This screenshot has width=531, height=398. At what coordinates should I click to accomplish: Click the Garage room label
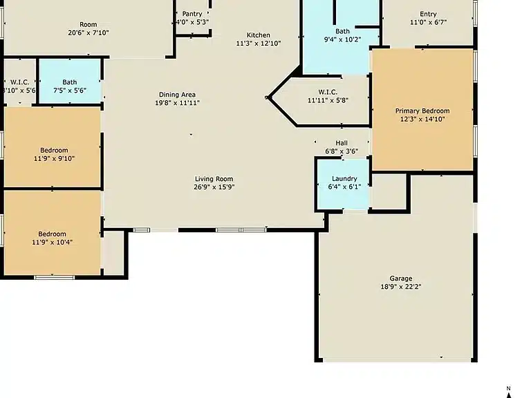click(x=401, y=278)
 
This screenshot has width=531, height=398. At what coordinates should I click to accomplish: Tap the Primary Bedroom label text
click(x=422, y=111)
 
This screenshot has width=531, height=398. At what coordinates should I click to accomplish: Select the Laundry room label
click(x=344, y=179)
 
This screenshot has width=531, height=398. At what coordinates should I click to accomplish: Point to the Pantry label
click(x=192, y=14)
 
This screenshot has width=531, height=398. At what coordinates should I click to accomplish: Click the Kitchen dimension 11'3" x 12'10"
click(x=259, y=44)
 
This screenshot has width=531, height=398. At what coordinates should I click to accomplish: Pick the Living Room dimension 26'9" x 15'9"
click(x=214, y=187)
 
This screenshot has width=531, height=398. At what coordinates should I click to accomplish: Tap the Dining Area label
click(x=177, y=95)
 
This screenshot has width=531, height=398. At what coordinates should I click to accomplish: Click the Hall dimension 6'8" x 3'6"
click(x=342, y=151)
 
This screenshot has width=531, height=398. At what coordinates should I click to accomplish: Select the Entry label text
click(x=428, y=15)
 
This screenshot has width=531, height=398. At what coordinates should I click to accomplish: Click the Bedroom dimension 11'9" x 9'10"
click(x=54, y=158)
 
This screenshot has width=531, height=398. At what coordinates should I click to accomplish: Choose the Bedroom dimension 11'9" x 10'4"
click(x=52, y=243)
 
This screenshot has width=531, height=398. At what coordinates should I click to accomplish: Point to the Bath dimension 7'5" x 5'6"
click(x=70, y=91)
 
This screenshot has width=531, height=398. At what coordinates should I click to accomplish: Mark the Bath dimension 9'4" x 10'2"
click(x=342, y=39)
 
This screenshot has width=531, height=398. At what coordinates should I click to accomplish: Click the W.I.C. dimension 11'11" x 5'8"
click(x=328, y=100)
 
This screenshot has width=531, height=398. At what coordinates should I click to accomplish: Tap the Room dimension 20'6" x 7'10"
click(x=88, y=33)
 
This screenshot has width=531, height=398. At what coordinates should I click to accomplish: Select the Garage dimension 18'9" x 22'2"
click(x=401, y=287)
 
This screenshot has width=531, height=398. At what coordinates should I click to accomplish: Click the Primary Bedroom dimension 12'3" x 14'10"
click(x=422, y=119)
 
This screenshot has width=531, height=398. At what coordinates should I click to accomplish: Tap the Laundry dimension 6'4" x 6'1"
click(x=344, y=187)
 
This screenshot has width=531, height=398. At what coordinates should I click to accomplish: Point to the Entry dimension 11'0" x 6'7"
click(x=429, y=22)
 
